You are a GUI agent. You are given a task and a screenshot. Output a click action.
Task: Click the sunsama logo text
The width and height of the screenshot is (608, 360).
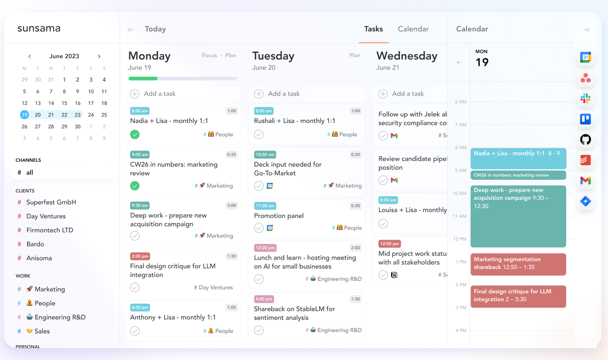click(x=39, y=28)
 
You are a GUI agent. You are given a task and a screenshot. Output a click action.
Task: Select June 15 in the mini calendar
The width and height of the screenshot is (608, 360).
click(x=64, y=103)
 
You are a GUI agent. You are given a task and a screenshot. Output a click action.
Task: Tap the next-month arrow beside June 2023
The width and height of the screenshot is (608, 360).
click(x=99, y=56)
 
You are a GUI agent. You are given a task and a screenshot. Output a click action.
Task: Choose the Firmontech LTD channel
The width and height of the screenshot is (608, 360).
click(x=50, y=230)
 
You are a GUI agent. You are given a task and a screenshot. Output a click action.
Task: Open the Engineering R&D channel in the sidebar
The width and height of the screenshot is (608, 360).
click(x=60, y=317)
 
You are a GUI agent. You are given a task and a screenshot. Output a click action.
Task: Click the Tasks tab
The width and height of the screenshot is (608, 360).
click(x=374, y=29)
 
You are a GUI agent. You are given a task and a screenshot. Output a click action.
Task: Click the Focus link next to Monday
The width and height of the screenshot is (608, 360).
click(x=209, y=55)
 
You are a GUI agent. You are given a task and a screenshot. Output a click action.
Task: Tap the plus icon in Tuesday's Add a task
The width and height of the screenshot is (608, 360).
click(x=259, y=94)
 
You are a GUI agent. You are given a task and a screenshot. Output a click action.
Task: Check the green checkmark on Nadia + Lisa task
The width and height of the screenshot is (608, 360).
click(x=134, y=134)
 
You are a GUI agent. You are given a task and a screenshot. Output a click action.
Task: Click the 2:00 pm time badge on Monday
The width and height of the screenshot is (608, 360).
click(x=140, y=256)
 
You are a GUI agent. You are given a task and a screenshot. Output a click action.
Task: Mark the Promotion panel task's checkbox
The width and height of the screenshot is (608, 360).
click(x=259, y=228)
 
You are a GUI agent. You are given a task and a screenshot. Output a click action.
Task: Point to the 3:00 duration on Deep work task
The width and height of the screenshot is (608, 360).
click(x=231, y=206)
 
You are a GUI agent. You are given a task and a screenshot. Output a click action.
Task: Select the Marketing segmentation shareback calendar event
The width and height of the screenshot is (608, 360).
click(x=518, y=264)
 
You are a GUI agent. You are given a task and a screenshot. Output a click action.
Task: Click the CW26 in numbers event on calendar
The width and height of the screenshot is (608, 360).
click(x=518, y=175)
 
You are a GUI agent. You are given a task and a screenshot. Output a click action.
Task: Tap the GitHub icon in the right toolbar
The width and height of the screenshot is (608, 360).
click(x=585, y=140)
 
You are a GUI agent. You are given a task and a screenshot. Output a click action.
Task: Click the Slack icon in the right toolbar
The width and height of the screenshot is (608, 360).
click(x=585, y=99)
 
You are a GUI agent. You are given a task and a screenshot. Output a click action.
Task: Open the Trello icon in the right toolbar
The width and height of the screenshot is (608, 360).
click(x=585, y=119)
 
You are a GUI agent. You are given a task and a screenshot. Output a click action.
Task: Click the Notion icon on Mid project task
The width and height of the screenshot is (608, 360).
click(x=394, y=275)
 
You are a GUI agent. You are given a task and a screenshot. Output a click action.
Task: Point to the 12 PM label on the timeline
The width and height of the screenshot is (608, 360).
click(x=460, y=239)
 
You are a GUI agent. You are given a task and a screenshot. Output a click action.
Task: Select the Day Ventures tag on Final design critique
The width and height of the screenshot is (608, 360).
click(x=213, y=287)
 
